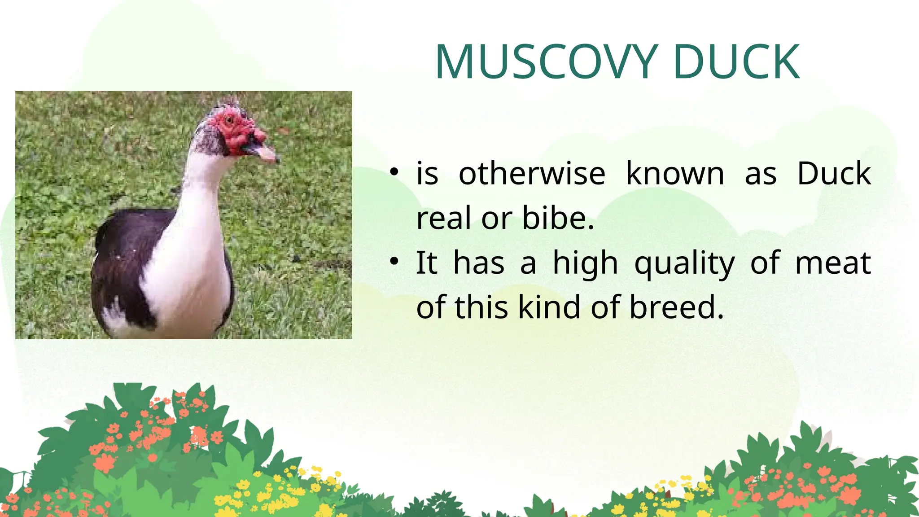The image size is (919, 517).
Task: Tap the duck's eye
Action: click(x=230, y=120)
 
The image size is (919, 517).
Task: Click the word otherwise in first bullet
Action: click(x=532, y=174)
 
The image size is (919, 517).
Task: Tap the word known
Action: click(x=675, y=174)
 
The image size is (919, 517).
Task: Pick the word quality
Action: click(x=684, y=264)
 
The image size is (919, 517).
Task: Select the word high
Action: click(x=585, y=263)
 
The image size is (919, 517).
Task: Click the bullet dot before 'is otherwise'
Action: click(x=394, y=172)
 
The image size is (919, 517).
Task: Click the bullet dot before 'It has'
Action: click(x=394, y=261)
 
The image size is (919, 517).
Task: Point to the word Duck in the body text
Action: click(x=834, y=174)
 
